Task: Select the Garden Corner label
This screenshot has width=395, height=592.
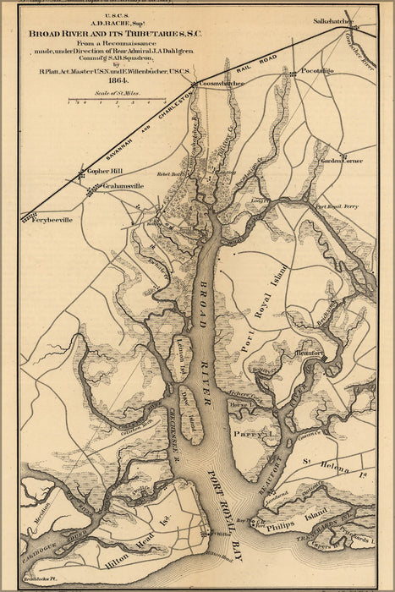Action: [x=341, y=160]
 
